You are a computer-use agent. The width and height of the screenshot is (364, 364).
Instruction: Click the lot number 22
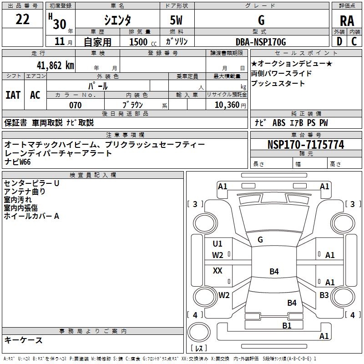tap(23, 20)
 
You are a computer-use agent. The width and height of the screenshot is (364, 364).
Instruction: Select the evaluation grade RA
tap(347, 20)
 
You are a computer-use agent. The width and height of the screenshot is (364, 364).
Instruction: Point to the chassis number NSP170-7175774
tap(306, 145)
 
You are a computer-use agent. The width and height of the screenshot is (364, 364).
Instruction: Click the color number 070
tap(75, 105)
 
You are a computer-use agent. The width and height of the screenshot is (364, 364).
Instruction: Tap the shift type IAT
tap(13, 95)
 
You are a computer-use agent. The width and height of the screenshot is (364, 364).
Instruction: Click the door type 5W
tap(177, 20)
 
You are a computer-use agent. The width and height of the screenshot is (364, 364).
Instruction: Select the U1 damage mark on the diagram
tap(217, 243)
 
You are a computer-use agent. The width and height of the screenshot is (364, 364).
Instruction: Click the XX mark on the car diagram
tap(217, 271)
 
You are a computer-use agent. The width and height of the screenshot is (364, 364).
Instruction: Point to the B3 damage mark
tap(324, 295)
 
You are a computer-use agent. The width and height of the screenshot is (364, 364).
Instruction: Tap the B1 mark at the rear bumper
tap(287, 325)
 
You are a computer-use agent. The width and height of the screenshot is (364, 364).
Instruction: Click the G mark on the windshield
tap(260, 239)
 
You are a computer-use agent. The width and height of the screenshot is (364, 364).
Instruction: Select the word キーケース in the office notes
tap(24, 340)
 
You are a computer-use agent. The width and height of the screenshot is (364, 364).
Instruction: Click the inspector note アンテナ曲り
tap(25, 192)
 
